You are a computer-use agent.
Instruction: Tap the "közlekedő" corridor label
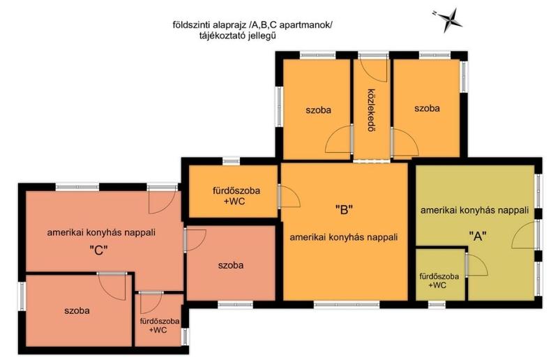coord(372,110)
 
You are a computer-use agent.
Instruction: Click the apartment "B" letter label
coord(344,210)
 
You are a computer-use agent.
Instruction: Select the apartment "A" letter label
coord(478,236)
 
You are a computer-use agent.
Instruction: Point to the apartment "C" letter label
coord(98,250)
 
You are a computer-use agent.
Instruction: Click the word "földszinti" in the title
coord(191,25)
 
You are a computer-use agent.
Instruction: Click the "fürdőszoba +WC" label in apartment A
coord(439,280)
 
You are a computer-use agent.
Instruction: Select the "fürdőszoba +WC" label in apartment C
coord(160,325)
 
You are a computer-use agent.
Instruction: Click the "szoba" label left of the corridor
coord(319,110)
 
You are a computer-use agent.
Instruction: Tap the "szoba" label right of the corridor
coord(427,108)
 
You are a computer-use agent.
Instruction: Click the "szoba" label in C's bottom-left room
coord(77,310)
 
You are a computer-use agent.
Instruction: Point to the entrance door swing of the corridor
coord(373,69)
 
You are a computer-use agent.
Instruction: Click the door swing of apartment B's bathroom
coord(289,196)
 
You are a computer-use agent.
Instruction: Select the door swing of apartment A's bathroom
coord(477,265)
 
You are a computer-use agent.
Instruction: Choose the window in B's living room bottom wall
coord(347,304)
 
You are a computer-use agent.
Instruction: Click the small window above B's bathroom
coord(232,161)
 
